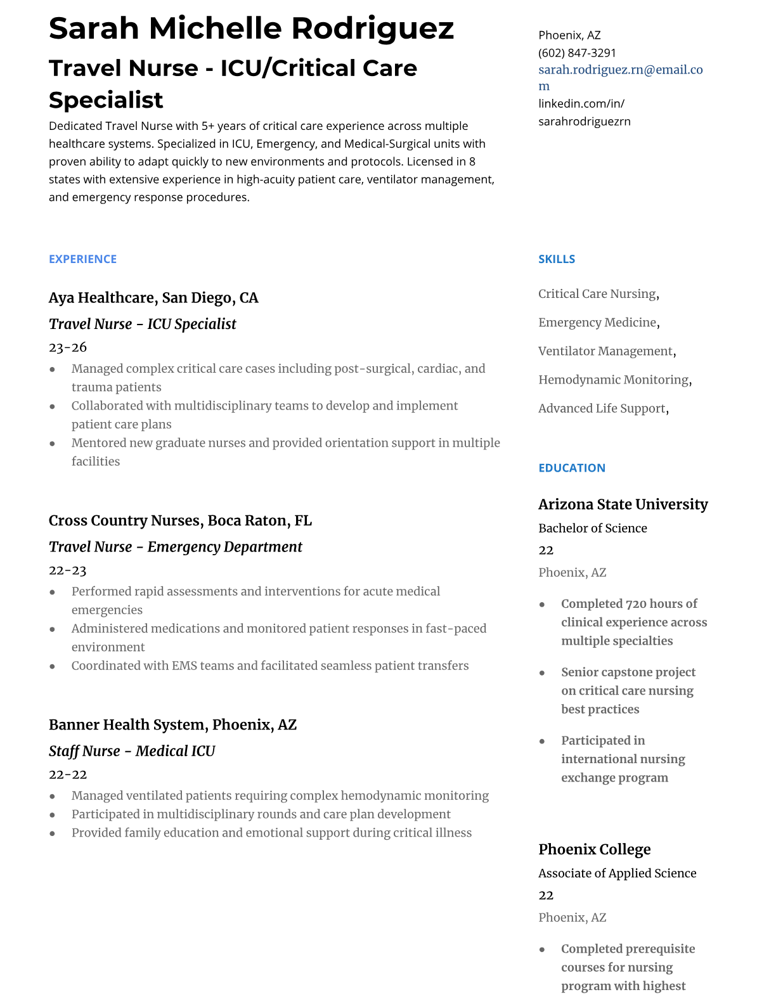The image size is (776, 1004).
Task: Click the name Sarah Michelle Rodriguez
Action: click(251, 29)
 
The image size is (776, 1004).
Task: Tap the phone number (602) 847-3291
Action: click(577, 53)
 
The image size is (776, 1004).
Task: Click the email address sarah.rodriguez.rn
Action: click(620, 70)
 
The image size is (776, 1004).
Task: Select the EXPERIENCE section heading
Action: click(82, 259)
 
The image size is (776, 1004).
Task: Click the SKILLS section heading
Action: click(557, 259)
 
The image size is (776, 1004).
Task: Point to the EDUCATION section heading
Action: click(571, 468)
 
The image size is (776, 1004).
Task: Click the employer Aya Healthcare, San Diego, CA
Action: click(153, 298)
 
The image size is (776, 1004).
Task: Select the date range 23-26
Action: click(68, 347)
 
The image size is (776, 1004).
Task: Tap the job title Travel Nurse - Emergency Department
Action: click(175, 546)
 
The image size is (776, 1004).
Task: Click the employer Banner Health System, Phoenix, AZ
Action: click(172, 724)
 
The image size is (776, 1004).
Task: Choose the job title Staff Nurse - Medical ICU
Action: click(132, 751)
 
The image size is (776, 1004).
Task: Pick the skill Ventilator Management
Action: click(605, 351)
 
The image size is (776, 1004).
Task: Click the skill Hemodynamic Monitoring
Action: click(613, 380)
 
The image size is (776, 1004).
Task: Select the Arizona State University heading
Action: click(623, 505)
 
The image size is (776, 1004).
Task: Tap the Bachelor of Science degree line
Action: click(592, 528)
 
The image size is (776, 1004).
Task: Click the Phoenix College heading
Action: click(594, 849)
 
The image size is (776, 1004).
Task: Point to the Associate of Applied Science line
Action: click(617, 873)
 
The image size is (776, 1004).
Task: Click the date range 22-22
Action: click(68, 775)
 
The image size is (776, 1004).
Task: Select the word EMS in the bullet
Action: click(184, 666)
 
